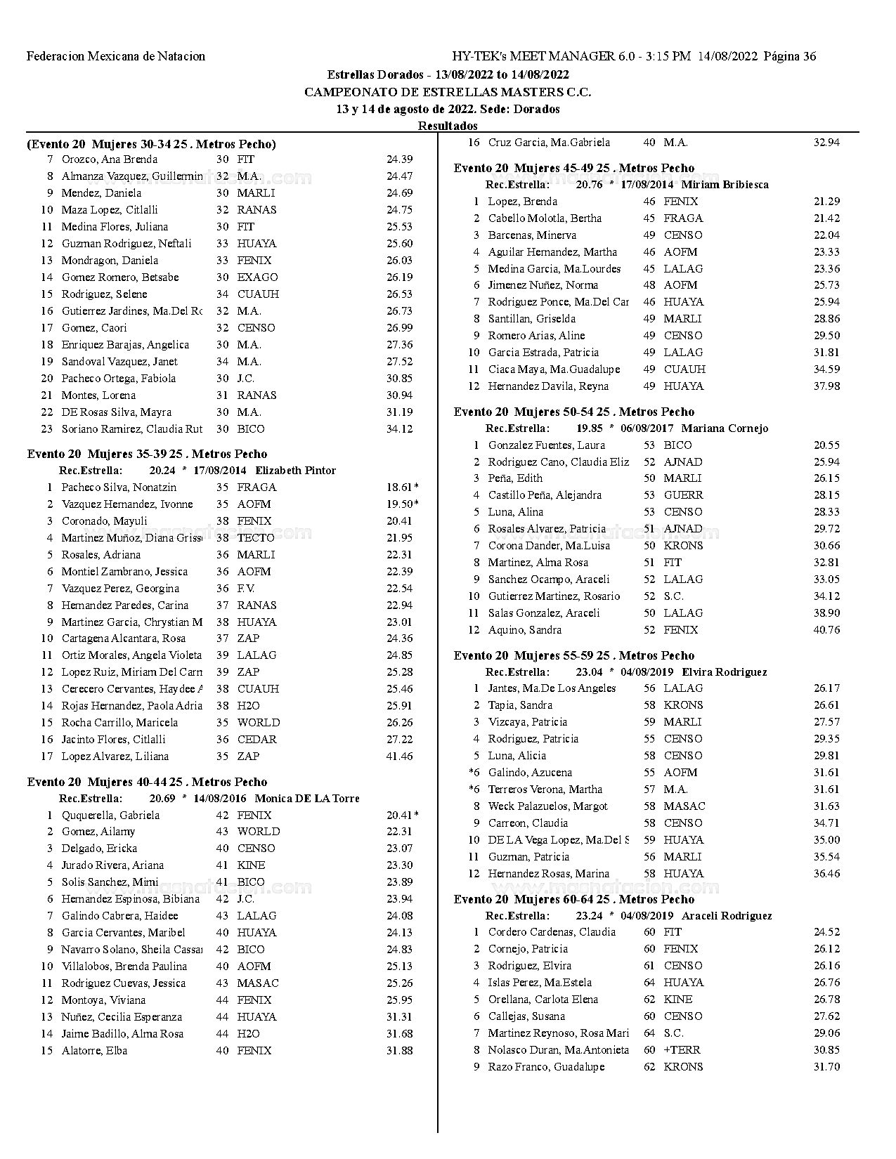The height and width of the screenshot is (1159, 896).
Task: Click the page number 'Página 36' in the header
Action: (789, 57)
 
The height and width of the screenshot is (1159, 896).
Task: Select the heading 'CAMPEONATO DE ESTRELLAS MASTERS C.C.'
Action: (448, 92)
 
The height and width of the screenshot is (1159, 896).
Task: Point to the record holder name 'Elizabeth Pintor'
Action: (295, 471)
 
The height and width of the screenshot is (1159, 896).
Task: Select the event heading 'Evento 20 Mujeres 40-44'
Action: (147, 782)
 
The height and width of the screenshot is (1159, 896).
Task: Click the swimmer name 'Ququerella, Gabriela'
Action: (110, 816)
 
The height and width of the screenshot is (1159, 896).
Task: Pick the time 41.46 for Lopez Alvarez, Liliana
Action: (399, 757)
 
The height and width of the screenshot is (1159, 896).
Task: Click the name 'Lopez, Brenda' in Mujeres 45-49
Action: (523, 202)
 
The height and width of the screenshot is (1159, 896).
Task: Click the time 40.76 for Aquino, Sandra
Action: (826, 630)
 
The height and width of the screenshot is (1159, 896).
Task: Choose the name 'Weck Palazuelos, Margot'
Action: (547, 806)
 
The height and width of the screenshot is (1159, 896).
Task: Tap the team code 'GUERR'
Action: (683, 495)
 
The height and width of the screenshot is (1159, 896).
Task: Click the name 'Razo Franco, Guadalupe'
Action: (546, 1067)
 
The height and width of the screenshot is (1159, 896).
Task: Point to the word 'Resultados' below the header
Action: (448, 126)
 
